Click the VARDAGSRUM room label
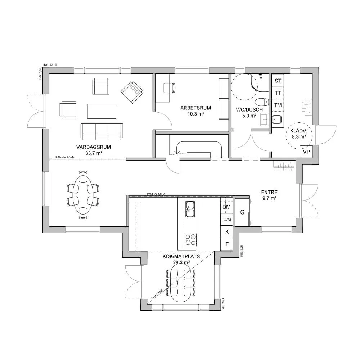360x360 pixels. click(x=93, y=147)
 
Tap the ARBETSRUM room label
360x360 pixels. click(x=196, y=108)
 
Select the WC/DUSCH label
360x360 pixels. click(x=250, y=110)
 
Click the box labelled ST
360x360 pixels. click(x=278, y=81)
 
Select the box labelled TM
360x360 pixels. click(x=278, y=105)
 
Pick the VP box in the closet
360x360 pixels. click(x=306, y=152)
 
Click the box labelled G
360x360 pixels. click(x=243, y=212)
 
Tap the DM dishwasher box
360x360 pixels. click(x=226, y=207)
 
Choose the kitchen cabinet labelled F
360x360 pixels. click(x=227, y=244)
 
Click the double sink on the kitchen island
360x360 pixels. click(x=190, y=210)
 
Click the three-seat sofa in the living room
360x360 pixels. click(x=102, y=131)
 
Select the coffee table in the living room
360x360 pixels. click(x=102, y=111)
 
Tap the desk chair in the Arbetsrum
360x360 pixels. click(x=169, y=87)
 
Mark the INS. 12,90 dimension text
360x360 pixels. click(x=50, y=65)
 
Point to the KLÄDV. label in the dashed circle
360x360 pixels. click(x=298, y=131)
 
